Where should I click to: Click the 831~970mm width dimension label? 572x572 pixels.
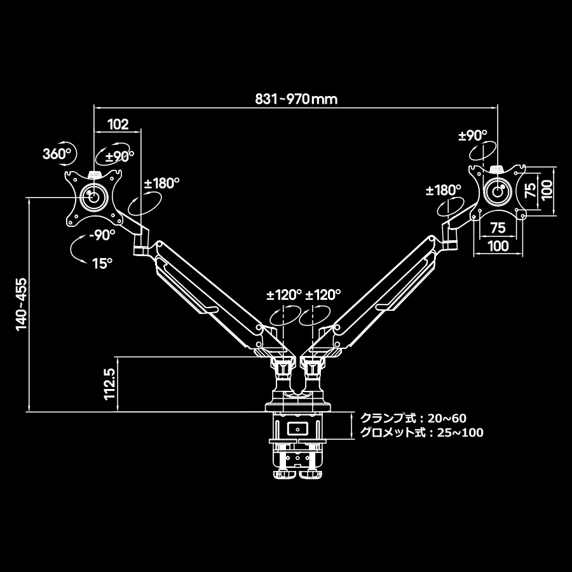[296, 99]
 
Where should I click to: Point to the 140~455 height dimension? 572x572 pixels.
[22, 304]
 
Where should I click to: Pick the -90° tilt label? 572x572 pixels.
[102, 234]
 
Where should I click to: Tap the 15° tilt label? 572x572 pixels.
[102, 262]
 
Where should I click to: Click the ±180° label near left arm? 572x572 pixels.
[161, 184]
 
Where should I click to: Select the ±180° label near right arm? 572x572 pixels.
[444, 190]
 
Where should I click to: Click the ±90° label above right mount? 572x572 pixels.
[472, 135]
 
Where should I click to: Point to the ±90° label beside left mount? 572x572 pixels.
[119, 156]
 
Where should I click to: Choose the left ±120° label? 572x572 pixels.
[283, 295]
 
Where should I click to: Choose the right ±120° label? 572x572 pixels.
[323, 295]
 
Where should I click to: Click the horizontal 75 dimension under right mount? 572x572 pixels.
[498, 228]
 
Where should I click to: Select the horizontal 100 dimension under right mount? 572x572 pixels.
[498, 245]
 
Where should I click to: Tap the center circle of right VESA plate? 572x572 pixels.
[498, 190]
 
